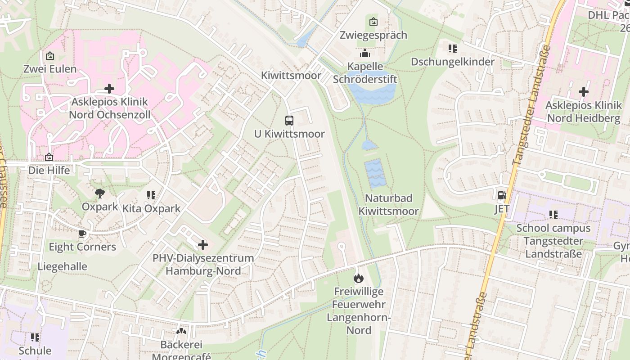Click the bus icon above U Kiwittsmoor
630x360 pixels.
point(289,121)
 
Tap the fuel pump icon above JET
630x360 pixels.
point(502,195)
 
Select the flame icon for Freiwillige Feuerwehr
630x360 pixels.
point(358,278)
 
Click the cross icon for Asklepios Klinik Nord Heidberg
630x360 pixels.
point(583,92)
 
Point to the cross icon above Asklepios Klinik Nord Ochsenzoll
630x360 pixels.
point(109,89)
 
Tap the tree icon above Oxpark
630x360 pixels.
point(100,193)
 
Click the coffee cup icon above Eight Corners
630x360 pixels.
point(82,234)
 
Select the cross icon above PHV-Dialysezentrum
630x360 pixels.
point(203,245)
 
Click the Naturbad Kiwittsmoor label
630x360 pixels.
point(388,205)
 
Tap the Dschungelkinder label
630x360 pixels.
point(452,62)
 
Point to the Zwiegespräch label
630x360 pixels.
point(373,35)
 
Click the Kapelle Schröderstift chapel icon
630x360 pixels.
point(365,53)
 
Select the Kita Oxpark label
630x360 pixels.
point(151,208)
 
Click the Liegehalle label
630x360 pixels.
point(62,266)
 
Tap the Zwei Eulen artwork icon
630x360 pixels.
point(50,56)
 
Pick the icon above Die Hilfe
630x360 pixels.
point(49,157)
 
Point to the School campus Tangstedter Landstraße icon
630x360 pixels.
point(553,215)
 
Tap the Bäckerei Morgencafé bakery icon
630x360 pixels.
point(181,332)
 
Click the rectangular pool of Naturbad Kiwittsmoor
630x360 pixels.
point(375,174)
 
